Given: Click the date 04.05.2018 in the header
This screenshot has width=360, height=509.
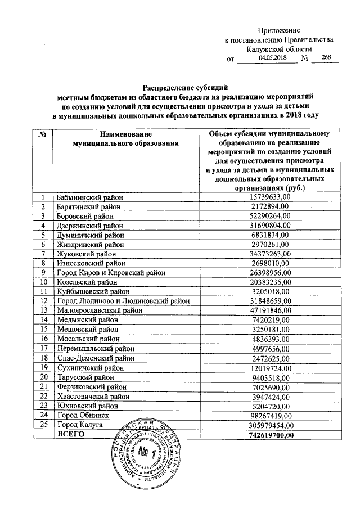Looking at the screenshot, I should pyautogui.click(x=272, y=58).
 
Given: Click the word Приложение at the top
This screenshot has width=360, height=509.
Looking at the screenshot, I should pyautogui.click(x=278, y=30).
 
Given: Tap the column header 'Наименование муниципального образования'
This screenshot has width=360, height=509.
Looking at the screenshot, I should pyautogui.click(x=122, y=138).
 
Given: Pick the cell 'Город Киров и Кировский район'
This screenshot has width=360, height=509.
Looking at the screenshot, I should pyautogui.click(x=110, y=273).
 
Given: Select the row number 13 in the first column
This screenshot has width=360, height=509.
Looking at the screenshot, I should pyautogui.click(x=42, y=310).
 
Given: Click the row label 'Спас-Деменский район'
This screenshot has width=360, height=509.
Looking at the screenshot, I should pyautogui.click(x=94, y=358).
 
